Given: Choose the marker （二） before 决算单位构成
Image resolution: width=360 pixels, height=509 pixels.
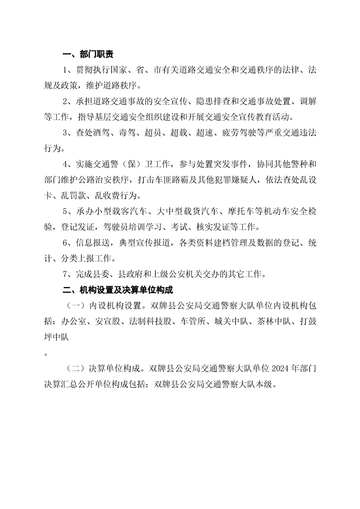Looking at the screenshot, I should (77, 370).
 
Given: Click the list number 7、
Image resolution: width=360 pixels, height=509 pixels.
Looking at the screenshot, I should (69, 274).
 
